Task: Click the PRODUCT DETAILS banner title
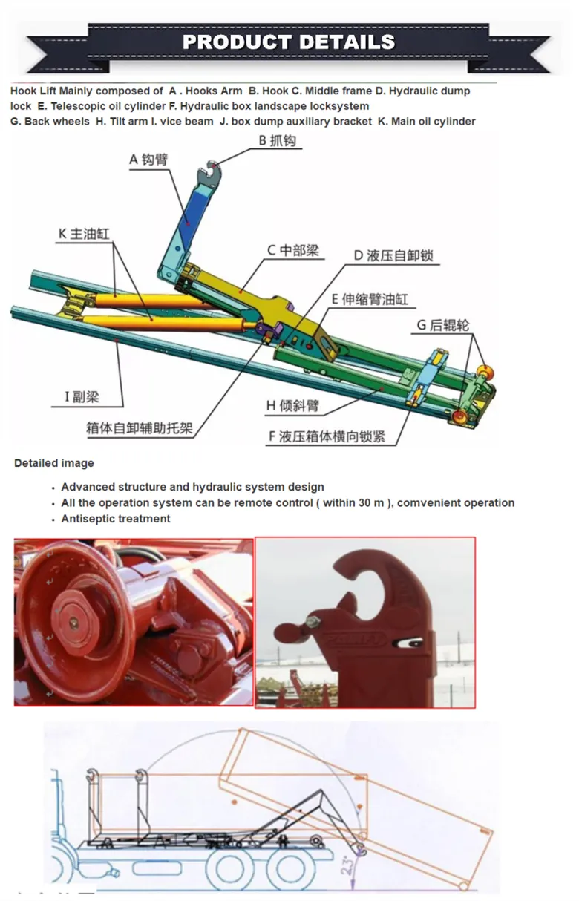click(x=289, y=42)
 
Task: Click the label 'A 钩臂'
click(x=148, y=159)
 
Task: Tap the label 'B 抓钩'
click(x=280, y=140)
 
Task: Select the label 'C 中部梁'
click(x=293, y=250)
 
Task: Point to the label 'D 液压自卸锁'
click(x=393, y=255)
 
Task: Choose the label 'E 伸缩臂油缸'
click(x=370, y=299)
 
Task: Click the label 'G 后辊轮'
click(x=442, y=325)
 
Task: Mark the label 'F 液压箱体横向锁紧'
click(x=327, y=436)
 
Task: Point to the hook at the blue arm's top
click(x=213, y=175)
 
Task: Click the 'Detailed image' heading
click(x=54, y=463)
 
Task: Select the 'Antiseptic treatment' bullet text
click(x=116, y=519)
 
